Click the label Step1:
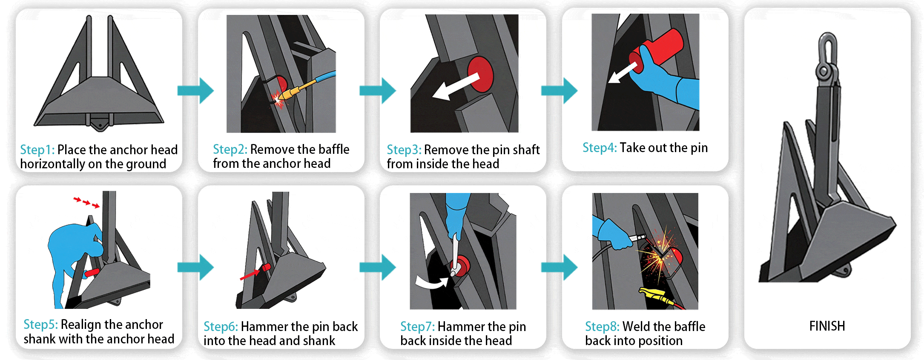(37, 150)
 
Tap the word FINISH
(827, 326)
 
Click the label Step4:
(600, 148)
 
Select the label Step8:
(602, 327)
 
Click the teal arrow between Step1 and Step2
(195, 90)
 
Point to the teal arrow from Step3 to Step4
(559, 90)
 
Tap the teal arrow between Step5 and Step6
(195, 267)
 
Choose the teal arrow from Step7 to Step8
(559, 267)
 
